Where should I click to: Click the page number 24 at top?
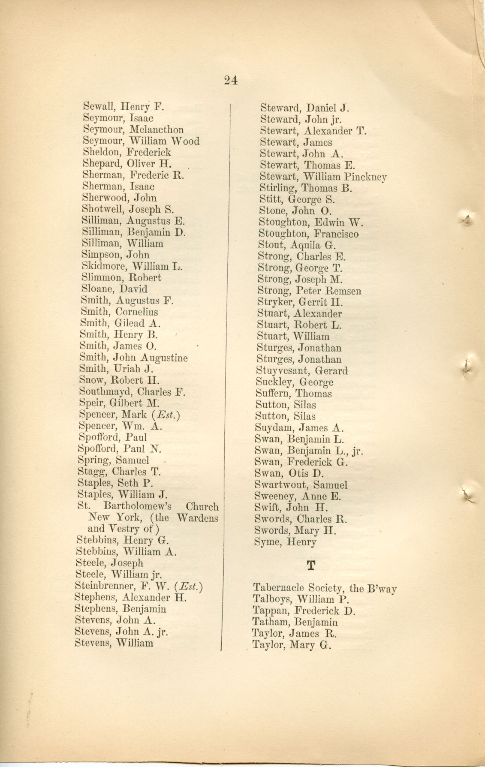pos(231,80)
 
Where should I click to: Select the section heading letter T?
pos(311,565)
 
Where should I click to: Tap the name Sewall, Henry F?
pos(124,107)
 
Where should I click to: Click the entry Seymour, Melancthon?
pos(133,129)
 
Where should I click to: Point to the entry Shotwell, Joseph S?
pos(128,209)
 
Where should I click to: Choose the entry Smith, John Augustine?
pos(133,358)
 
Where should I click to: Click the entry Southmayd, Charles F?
pos(132,392)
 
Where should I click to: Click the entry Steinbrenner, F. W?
pos(138,586)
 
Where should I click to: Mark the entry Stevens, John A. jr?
pos(121,632)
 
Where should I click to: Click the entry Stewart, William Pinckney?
pos(323,177)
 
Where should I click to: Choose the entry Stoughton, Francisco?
pos(308,234)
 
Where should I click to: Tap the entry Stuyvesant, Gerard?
pos(302,371)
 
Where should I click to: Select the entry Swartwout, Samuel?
pos(301,485)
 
